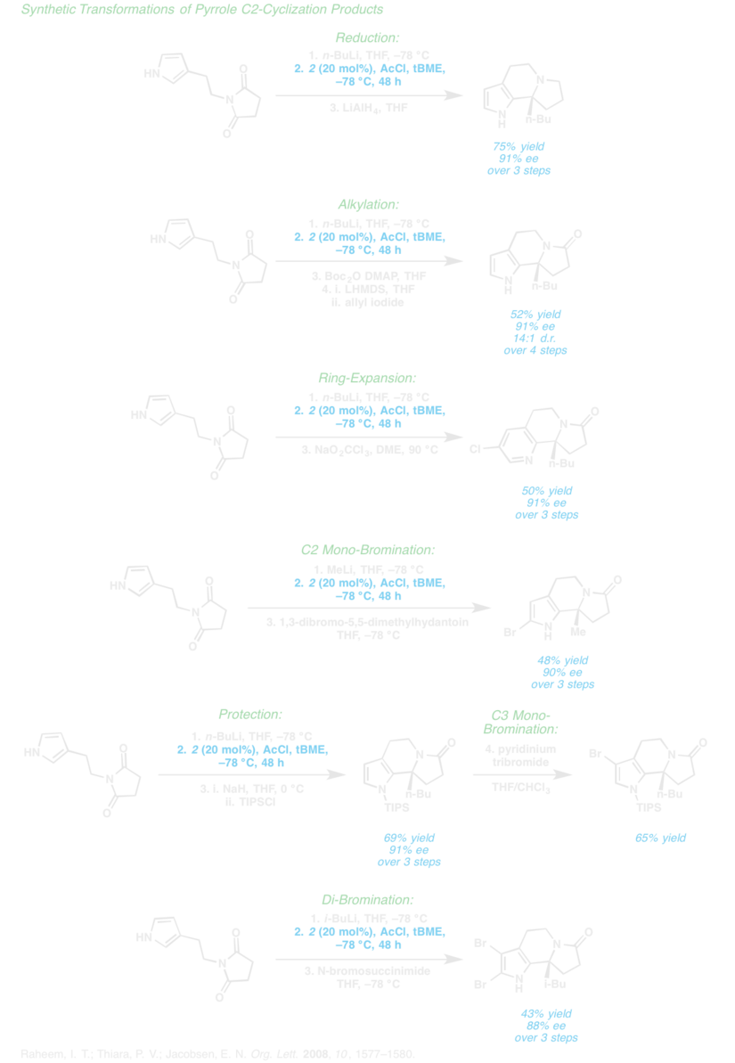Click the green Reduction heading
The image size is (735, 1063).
[367, 38]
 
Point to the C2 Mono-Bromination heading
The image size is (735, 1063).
[367, 550]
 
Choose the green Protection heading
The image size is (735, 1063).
[250, 715]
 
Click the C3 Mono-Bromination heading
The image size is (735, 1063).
[522, 722]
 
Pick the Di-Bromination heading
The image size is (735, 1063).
[367, 901]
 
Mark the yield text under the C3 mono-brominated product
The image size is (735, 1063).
[654, 838]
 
